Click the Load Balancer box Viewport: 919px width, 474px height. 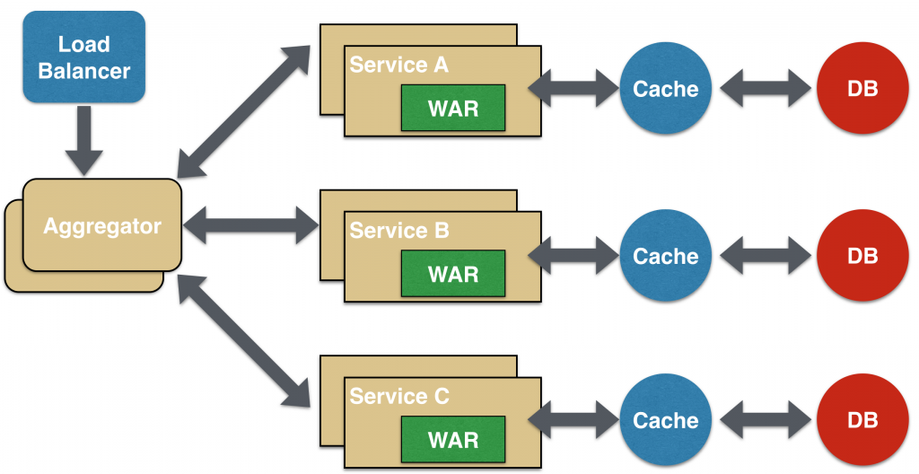point(83,57)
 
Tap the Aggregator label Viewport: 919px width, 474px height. point(102,225)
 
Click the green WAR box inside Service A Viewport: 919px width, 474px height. point(453,110)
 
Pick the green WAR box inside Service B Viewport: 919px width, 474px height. point(453,275)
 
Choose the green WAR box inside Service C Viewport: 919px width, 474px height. point(453,440)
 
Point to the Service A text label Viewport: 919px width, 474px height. point(399,66)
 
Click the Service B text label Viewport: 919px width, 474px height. point(399,231)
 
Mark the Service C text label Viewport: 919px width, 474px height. point(399,396)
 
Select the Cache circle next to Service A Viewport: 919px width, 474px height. point(665,88)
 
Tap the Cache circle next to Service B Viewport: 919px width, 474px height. point(665,256)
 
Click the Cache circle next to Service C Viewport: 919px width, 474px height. point(665,420)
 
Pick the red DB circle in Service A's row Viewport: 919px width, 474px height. point(862,88)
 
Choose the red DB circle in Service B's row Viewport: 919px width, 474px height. point(862,256)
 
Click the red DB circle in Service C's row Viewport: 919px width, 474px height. point(862,420)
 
